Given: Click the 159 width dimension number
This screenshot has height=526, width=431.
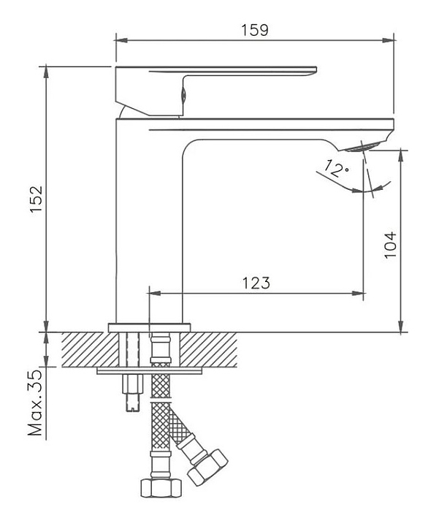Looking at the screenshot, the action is coord(255,30).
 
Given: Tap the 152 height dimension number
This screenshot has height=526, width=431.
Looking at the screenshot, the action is coord(37,199).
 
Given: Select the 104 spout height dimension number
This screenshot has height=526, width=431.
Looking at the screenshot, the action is coord(390,245).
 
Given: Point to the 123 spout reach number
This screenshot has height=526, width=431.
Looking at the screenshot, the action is coord(256,283).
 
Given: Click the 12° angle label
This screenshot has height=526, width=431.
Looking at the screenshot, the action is coord(337,169).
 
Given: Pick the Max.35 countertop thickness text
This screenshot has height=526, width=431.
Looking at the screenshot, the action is coord(36,403).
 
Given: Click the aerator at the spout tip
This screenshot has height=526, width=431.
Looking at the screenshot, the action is coord(362,147).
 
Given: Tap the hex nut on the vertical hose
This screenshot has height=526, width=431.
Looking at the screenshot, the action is coord(161,488).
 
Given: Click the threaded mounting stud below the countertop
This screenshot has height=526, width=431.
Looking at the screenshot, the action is coord(133,392).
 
